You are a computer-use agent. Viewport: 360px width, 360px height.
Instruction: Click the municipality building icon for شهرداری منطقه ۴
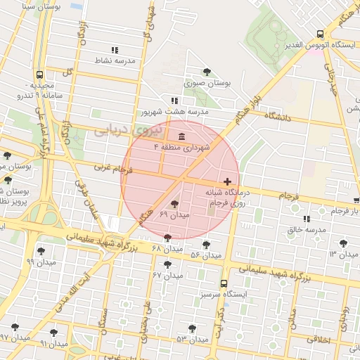point(182,136)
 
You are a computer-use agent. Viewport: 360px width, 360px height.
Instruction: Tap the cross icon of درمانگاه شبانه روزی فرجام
point(227,181)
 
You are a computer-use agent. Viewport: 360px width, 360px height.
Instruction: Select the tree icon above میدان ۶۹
point(174,204)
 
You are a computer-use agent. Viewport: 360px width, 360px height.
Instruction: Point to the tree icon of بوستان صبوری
point(207,72)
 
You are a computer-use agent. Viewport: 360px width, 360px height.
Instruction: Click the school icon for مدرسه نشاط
point(115,50)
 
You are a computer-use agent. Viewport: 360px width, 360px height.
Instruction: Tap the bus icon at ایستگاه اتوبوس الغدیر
point(321,34)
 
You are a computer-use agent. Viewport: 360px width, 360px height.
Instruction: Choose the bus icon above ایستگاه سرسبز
point(224,284)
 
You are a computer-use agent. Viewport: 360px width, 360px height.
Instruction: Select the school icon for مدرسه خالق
point(306,219)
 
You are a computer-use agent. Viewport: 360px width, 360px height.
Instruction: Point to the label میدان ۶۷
point(167,276)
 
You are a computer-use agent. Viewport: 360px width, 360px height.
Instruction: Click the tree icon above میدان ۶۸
point(167,238)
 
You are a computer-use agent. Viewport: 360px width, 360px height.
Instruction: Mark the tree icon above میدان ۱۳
point(343,243)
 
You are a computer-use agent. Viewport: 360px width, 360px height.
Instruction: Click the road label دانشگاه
point(276,118)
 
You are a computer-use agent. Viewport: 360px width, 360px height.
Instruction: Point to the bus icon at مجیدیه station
point(38,74)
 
